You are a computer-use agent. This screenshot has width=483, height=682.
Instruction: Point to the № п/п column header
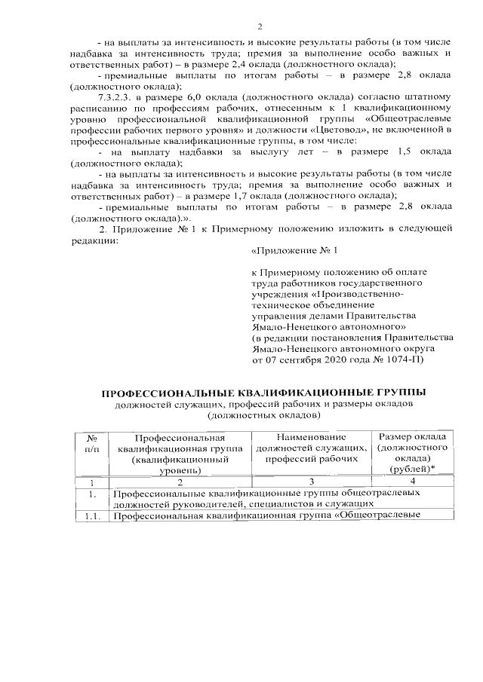click(x=91, y=443)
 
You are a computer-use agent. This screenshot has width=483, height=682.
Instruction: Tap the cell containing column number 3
click(x=311, y=482)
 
